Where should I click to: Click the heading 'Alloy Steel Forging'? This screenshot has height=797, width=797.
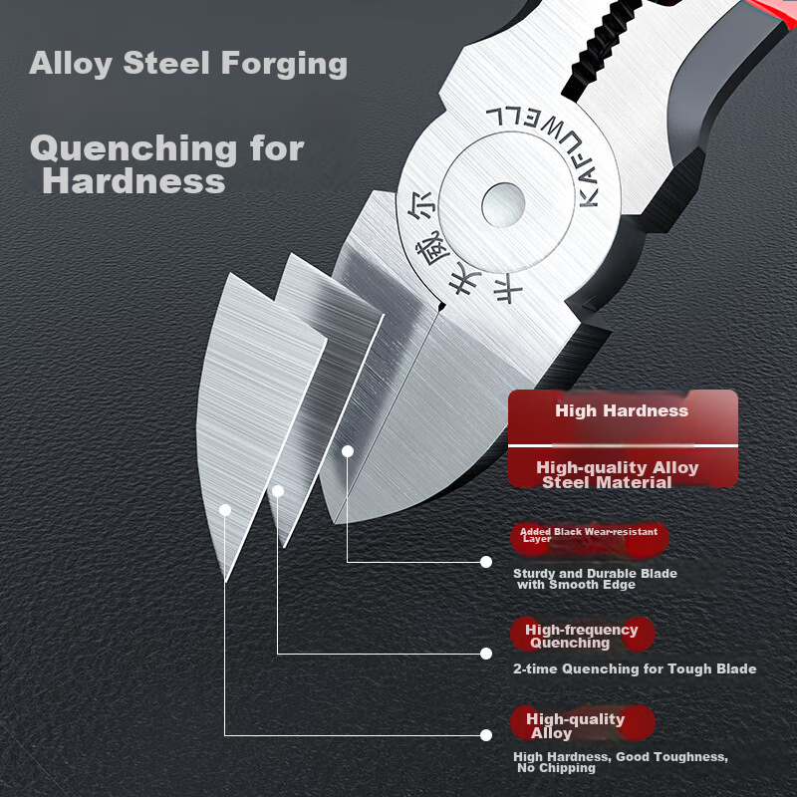tap(188, 64)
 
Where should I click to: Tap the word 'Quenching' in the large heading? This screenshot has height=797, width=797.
tap(134, 149)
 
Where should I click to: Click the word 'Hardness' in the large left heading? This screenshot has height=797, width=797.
tap(133, 181)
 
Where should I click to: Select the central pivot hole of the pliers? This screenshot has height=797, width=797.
tap(503, 205)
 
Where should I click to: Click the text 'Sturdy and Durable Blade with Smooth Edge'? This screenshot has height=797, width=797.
tap(595, 579)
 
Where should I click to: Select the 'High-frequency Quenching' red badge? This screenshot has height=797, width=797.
tap(583, 635)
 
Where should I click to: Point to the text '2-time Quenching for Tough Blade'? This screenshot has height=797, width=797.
tap(635, 668)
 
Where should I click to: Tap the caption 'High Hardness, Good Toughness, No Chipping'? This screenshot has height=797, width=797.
tap(621, 762)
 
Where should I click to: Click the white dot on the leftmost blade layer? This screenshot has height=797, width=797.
tap(225, 510)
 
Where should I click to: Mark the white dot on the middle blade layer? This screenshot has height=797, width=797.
tap(278, 491)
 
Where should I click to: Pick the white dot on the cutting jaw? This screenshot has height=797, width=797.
tap(348, 451)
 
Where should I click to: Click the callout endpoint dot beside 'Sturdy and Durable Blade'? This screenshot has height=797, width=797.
tap(486, 562)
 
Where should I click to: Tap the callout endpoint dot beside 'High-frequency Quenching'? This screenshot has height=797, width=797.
tap(486, 654)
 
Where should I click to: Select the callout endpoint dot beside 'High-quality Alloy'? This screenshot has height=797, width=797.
tap(486, 735)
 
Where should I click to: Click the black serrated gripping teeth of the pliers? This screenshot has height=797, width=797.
tap(605, 41)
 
